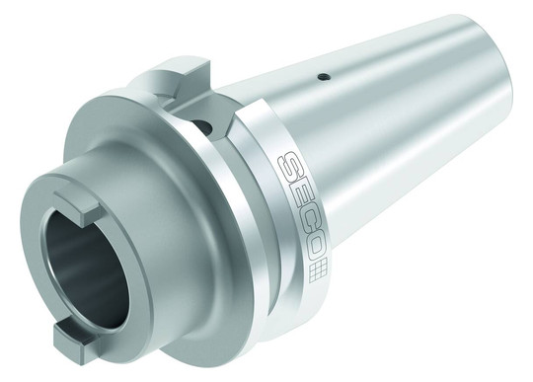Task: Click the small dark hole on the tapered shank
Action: [324, 77]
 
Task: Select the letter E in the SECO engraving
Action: [299, 192]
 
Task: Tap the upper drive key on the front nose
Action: [79, 208]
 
